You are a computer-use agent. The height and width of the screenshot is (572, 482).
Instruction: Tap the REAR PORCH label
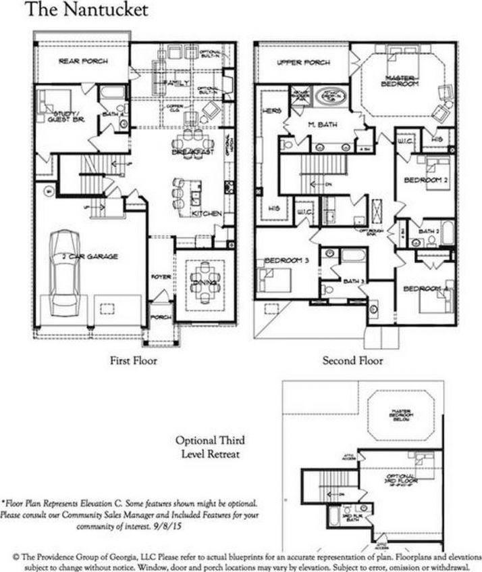83,61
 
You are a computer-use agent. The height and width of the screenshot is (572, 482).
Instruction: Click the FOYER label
160,277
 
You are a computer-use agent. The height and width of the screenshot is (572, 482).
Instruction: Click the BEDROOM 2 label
422,180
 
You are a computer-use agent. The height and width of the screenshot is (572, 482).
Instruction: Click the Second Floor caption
352,361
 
